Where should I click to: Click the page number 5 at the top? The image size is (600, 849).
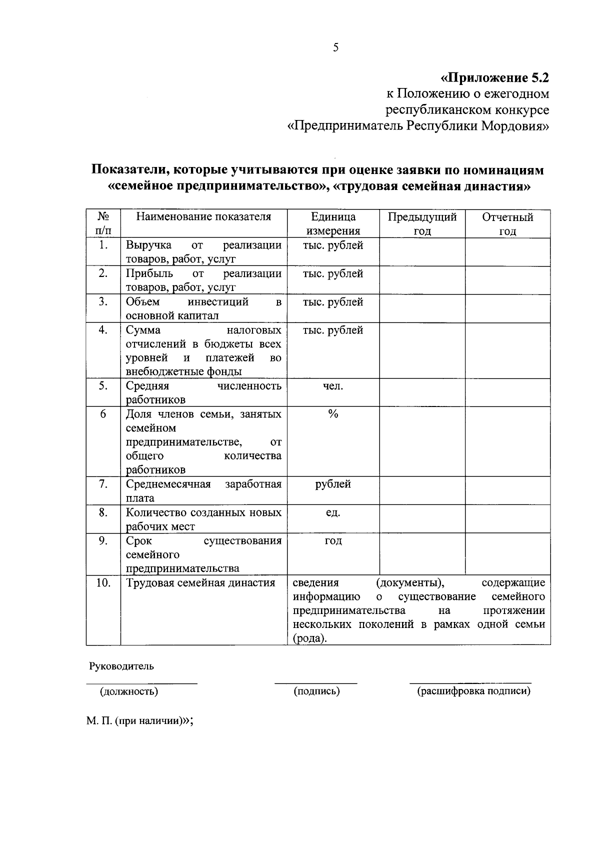pyautogui.click(x=335, y=48)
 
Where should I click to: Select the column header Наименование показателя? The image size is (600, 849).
pyautogui.click(x=203, y=216)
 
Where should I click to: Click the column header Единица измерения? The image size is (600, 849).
pyautogui.click(x=333, y=223)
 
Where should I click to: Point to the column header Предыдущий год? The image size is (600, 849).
pyautogui.click(x=422, y=223)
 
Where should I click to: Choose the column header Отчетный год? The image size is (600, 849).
pyautogui.click(x=507, y=223)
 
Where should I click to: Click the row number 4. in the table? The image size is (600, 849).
pyautogui.click(x=103, y=330)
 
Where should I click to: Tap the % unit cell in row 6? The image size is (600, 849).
pyautogui.click(x=333, y=413)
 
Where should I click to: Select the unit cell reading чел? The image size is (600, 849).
pyautogui.click(x=333, y=385)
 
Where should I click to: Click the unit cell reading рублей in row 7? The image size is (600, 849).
pyautogui.click(x=333, y=484)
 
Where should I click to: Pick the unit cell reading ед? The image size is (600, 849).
pyautogui.click(x=333, y=512)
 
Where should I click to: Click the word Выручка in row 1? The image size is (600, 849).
pyautogui.click(x=148, y=245)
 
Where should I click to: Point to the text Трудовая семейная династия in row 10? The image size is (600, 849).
pyautogui.click(x=200, y=582)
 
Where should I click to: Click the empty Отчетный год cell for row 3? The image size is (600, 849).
pyautogui.click(x=507, y=308)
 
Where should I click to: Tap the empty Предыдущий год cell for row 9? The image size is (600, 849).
pyautogui.click(x=422, y=553)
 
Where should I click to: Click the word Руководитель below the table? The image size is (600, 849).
pyautogui.click(x=121, y=666)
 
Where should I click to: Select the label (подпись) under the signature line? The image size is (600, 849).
pyautogui.click(x=316, y=691)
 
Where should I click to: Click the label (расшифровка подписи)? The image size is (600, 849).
pyautogui.click(x=473, y=691)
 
